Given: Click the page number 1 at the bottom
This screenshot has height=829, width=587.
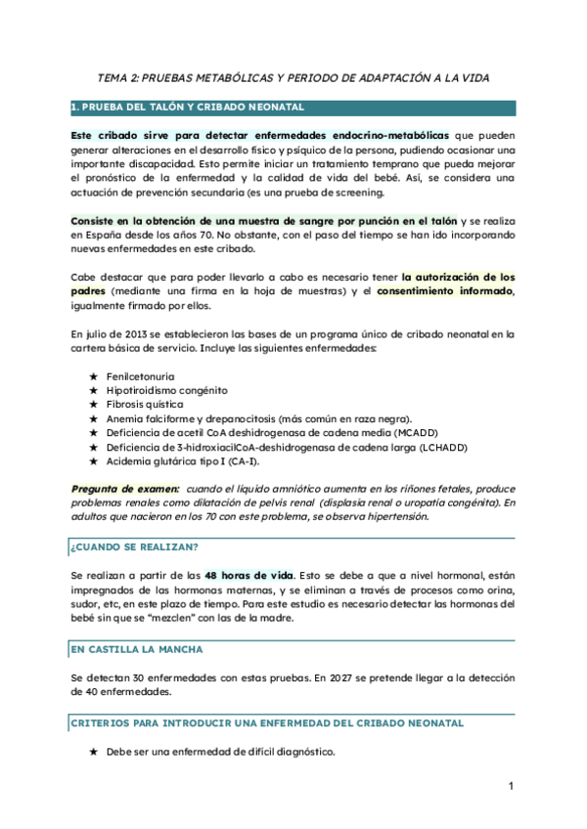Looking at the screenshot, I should [x=511, y=786].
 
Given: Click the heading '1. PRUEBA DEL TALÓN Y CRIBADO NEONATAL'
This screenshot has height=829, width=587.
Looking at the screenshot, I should [x=188, y=107].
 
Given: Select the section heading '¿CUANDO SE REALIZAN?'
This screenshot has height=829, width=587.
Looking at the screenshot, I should [x=135, y=545].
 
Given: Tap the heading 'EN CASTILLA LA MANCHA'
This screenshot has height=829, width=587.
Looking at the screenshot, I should [x=138, y=649].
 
